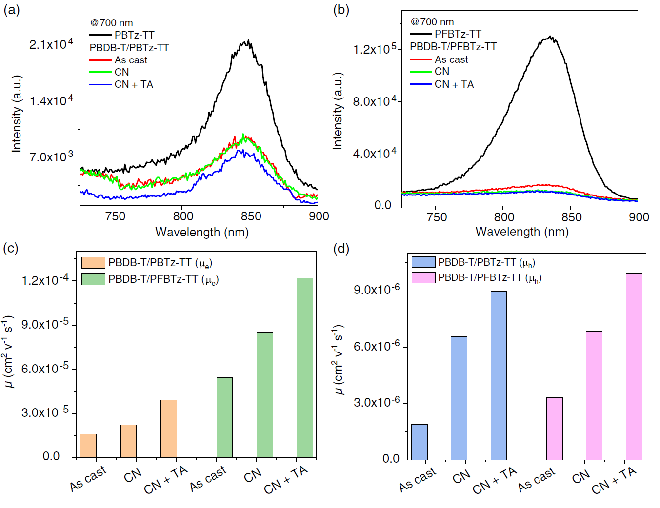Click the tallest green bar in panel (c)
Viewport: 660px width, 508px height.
305,368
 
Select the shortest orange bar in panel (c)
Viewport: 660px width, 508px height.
88,446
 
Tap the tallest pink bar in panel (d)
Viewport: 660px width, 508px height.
634,366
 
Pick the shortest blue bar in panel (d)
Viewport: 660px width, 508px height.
420,442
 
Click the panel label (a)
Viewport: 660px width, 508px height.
12,10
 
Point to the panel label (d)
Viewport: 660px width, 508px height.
341,249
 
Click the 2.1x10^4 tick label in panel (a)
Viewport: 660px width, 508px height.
51,44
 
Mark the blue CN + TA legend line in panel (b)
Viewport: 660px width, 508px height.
420,84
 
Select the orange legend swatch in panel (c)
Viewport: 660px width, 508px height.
93,263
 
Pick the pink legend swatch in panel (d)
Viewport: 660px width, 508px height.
423,277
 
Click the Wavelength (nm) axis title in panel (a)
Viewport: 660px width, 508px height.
202,232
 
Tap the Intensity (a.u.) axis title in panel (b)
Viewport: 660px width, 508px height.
338,111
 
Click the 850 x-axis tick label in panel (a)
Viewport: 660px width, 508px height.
251,216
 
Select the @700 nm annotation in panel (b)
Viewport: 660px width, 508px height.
432,22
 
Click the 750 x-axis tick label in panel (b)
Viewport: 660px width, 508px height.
437,217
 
